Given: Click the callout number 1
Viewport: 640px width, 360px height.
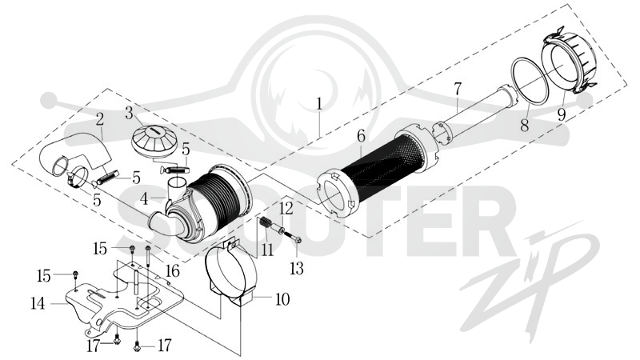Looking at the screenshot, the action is click(x=319, y=104).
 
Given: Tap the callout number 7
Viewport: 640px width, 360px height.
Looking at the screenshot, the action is click(x=457, y=90).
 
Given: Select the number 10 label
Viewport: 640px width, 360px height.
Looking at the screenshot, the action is click(x=282, y=299).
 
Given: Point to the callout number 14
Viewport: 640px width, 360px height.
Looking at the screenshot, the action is click(x=38, y=303).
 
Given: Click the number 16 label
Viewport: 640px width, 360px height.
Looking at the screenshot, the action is click(x=172, y=270).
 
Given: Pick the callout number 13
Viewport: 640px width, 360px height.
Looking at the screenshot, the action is click(x=297, y=268).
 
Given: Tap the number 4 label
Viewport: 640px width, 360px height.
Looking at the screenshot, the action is click(x=144, y=199).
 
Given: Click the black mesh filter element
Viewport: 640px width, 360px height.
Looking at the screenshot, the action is click(x=384, y=167).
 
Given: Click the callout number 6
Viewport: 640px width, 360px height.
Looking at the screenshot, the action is click(x=362, y=136).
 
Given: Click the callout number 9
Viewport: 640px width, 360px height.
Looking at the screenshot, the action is click(x=562, y=114).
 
